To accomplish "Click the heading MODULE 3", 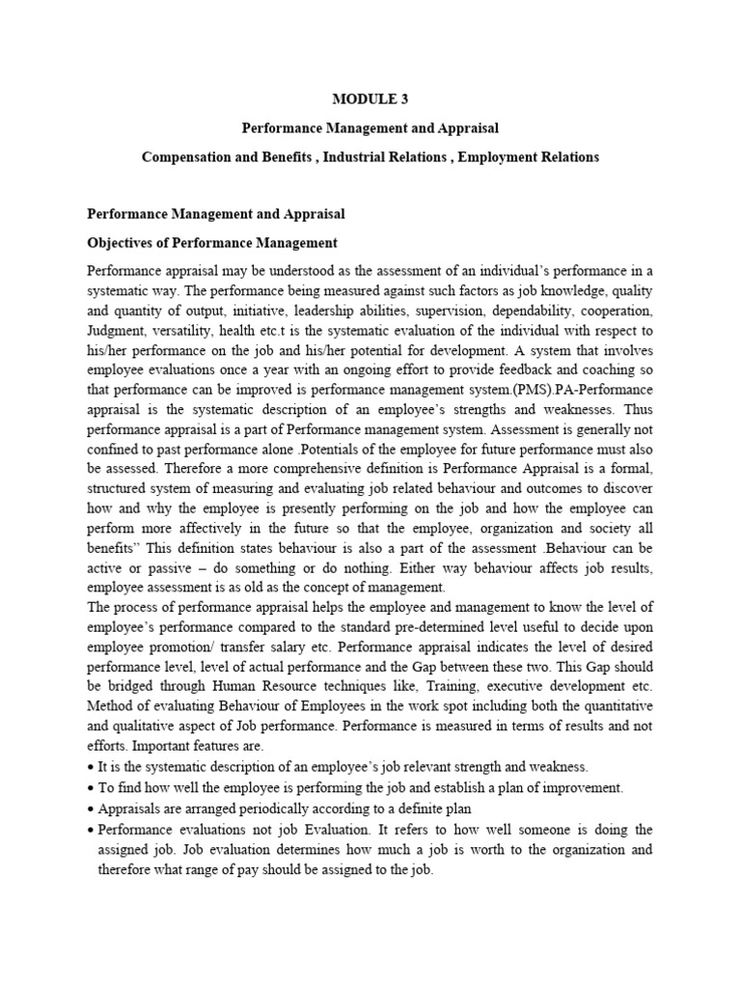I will tap(370, 98).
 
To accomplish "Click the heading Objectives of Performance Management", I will tap(212, 241).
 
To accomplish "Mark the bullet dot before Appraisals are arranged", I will tap(91, 809).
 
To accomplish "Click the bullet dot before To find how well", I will tap(91, 787).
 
